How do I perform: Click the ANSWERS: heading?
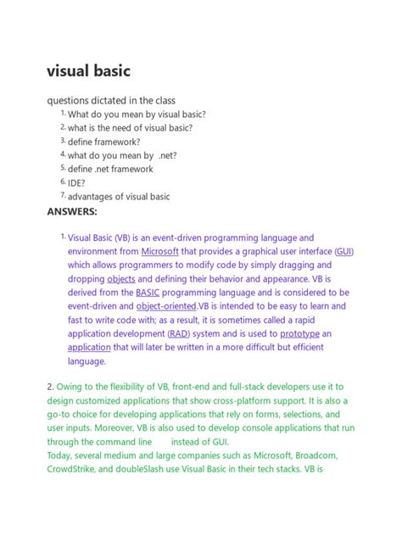[x=72, y=210]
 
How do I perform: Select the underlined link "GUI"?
[x=344, y=252]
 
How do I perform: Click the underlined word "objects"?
[x=120, y=279]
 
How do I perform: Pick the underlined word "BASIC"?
[x=148, y=293]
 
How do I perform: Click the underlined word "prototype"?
[x=299, y=333]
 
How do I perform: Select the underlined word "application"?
[x=89, y=347]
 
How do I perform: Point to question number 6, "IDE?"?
[x=79, y=182]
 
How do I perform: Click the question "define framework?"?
[x=104, y=142]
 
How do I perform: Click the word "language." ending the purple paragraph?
[x=87, y=360]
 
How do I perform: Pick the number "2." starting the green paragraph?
[x=51, y=388]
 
